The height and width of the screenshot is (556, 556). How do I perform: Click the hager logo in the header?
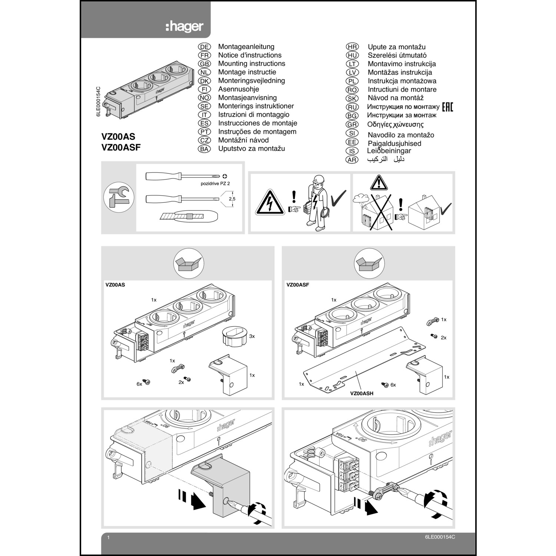(x=184, y=26)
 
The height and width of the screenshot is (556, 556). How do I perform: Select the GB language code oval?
(x=204, y=64)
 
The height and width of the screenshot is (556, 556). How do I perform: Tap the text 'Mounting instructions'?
(x=251, y=64)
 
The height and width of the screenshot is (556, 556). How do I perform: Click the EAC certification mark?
(x=447, y=107)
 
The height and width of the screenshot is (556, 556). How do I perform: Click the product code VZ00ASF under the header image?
(x=121, y=147)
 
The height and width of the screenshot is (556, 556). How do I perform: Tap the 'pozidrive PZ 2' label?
(x=218, y=183)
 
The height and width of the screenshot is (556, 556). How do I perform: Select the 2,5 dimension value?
(x=232, y=199)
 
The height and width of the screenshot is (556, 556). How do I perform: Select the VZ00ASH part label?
(x=361, y=393)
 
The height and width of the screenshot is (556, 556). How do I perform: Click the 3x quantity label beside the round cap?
(x=252, y=336)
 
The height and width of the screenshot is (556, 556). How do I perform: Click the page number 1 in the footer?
(x=108, y=537)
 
